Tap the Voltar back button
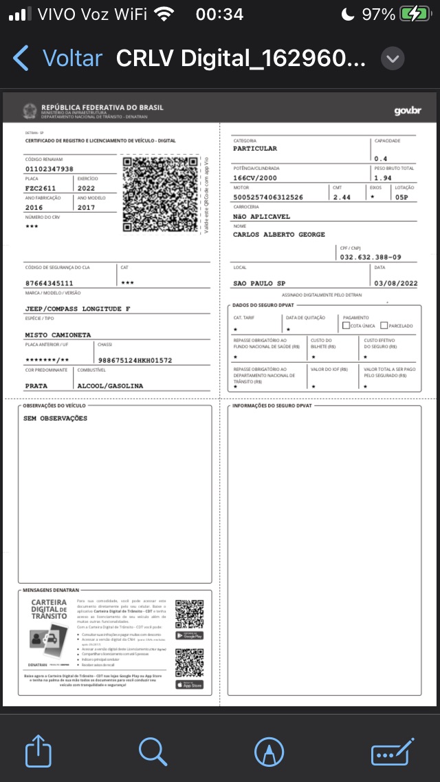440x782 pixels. point(58,59)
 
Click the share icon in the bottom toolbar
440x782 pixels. point(38,751)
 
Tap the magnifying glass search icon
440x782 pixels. point(153,751)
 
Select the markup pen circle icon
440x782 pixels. point(269,751)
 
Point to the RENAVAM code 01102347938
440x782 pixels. point(49,169)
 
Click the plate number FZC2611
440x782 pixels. point(41,188)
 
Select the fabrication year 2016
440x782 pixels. point(34,207)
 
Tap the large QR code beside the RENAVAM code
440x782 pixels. point(160,194)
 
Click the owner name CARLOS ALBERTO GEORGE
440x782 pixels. point(278,235)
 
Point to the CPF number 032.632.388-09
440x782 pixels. point(370,257)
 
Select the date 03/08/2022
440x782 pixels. point(395,283)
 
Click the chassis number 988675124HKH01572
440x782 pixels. point(135,360)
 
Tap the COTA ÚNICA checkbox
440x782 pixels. point(346,326)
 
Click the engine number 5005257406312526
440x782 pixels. point(268,197)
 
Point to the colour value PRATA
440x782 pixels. point(36,386)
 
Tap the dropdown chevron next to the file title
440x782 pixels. point(392,59)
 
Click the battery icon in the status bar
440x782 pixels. point(416,14)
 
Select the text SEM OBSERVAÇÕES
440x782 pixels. point(55,419)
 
